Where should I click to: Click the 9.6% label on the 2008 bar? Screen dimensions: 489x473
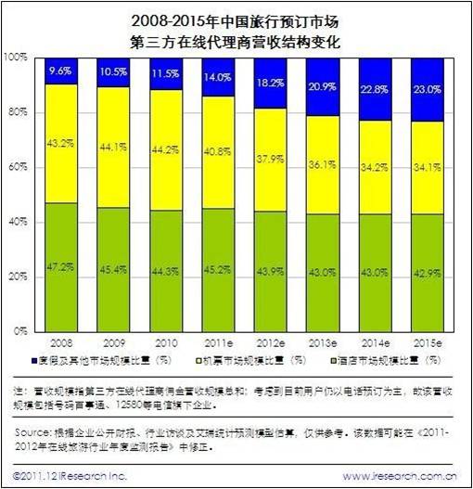click(x=59, y=70)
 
